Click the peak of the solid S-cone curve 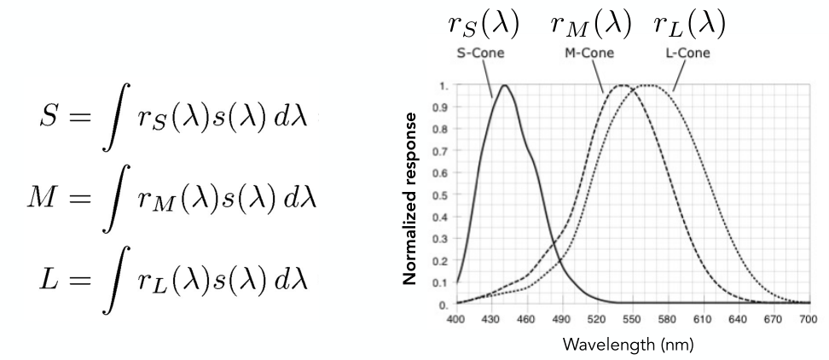(x=505, y=85)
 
